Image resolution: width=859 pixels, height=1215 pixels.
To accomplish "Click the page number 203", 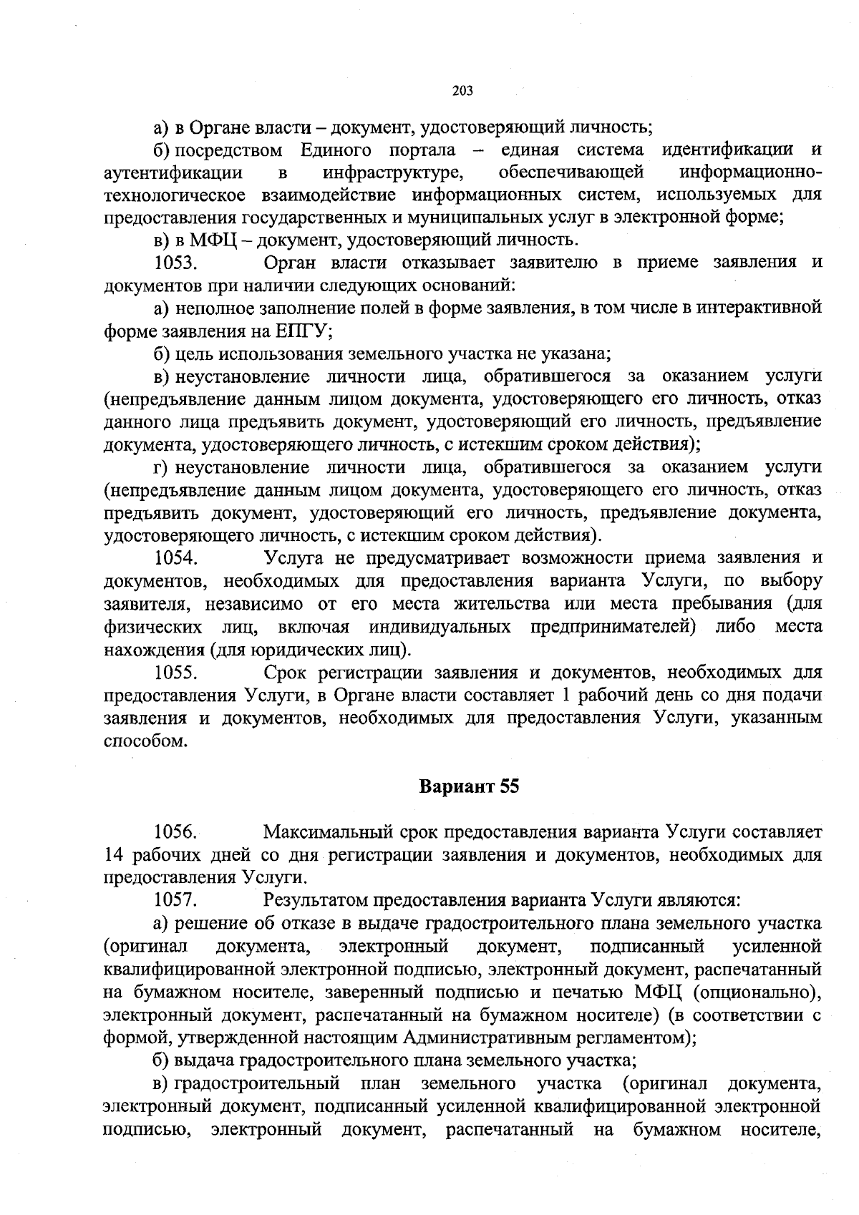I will (x=463, y=91).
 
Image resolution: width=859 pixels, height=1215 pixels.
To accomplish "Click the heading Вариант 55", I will (x=468, y=786).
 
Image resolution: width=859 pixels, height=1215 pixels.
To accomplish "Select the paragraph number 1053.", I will (x=176, y=262).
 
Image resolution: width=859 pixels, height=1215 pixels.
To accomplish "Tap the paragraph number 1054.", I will (x=176, y=557).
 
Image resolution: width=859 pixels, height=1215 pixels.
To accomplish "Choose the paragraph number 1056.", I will (x=176, y=831).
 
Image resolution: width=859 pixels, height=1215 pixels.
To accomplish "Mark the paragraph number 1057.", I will (x=176, y=899).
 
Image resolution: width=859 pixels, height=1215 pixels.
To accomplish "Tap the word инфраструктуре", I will (x=391, y=172).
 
